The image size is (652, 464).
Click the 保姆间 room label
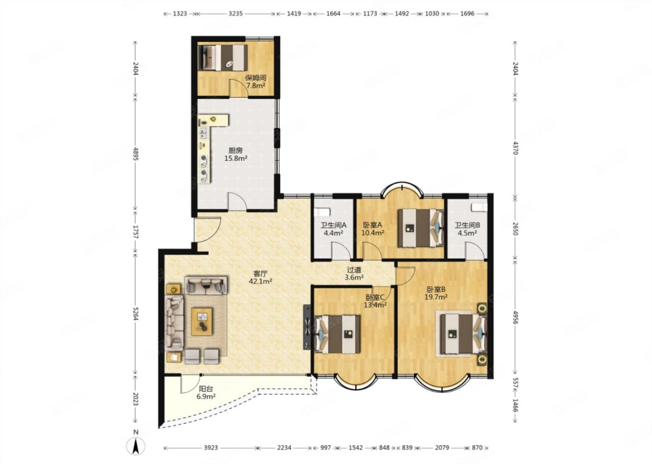coord(255,78)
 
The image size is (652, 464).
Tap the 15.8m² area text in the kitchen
coord(236,159)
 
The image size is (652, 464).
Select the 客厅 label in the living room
coord(260,274)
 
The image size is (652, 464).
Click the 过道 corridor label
coord(354,270)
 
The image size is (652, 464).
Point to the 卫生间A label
coord(333,225)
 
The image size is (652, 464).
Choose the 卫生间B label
coord(467,225)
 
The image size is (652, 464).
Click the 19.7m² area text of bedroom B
coord(436,297)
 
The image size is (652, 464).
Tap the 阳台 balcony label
coord(206,389)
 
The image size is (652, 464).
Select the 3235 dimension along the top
coord(235,14)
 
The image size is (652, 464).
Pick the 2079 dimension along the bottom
coord(442,447)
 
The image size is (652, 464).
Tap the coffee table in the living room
coord(202,322)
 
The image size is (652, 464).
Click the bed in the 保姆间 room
coord(223,58)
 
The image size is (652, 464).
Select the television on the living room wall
coord(307,327)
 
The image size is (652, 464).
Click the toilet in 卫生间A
coord(322,212)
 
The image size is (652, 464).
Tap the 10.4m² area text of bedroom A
coord(373,233)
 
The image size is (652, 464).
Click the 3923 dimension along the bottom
coord(211,447)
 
